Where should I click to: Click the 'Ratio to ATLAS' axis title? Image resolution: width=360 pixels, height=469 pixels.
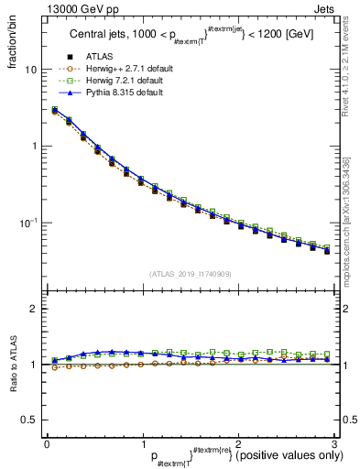12,365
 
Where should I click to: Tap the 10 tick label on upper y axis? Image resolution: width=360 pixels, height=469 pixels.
30,70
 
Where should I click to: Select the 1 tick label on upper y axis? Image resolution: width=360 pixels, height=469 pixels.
33,147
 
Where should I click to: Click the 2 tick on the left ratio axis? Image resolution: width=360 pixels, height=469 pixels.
33,310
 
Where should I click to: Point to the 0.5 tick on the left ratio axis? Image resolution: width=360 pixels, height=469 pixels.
27,420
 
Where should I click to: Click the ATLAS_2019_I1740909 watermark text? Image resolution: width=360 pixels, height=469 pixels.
190,274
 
